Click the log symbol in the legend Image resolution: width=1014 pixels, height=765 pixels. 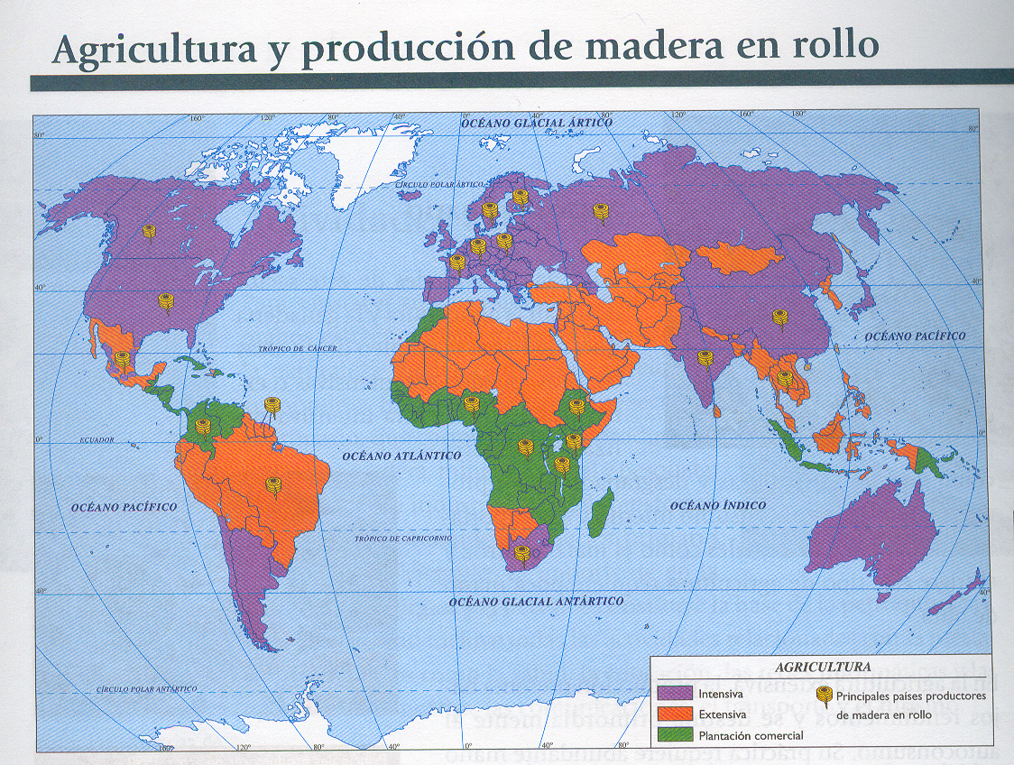[824, 695]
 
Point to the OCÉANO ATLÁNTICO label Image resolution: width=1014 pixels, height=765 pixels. [401, 456]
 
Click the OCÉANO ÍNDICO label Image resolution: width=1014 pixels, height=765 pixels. [719, 505]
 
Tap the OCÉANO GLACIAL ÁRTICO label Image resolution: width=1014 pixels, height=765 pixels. [536, 122]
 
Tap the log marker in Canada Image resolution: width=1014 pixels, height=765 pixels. [149, 232]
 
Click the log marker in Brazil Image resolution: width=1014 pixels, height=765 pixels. [273, 485]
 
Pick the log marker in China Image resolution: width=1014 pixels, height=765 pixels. [779, 317]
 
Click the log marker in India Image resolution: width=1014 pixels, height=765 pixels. [705, 358]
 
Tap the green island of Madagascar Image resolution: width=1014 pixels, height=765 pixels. [601, 512]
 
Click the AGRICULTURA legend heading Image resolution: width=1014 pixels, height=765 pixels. [823, 668]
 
